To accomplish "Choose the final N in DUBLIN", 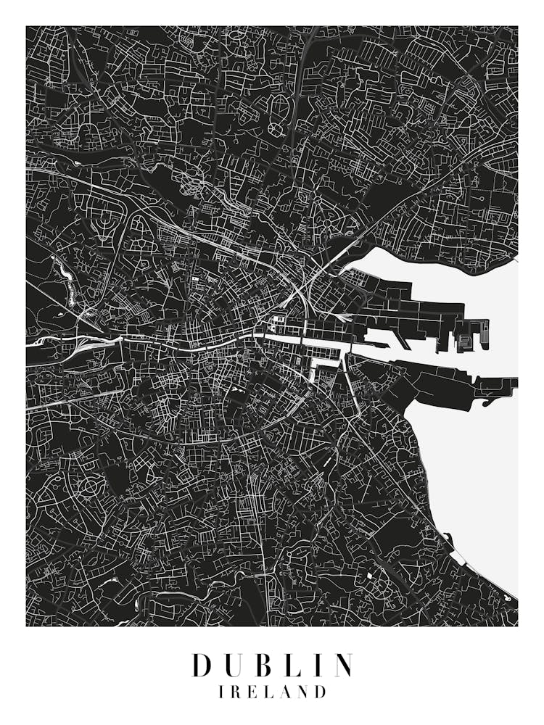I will [342, 665].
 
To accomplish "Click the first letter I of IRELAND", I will [221, 692].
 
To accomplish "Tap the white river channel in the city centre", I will [290, 339].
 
